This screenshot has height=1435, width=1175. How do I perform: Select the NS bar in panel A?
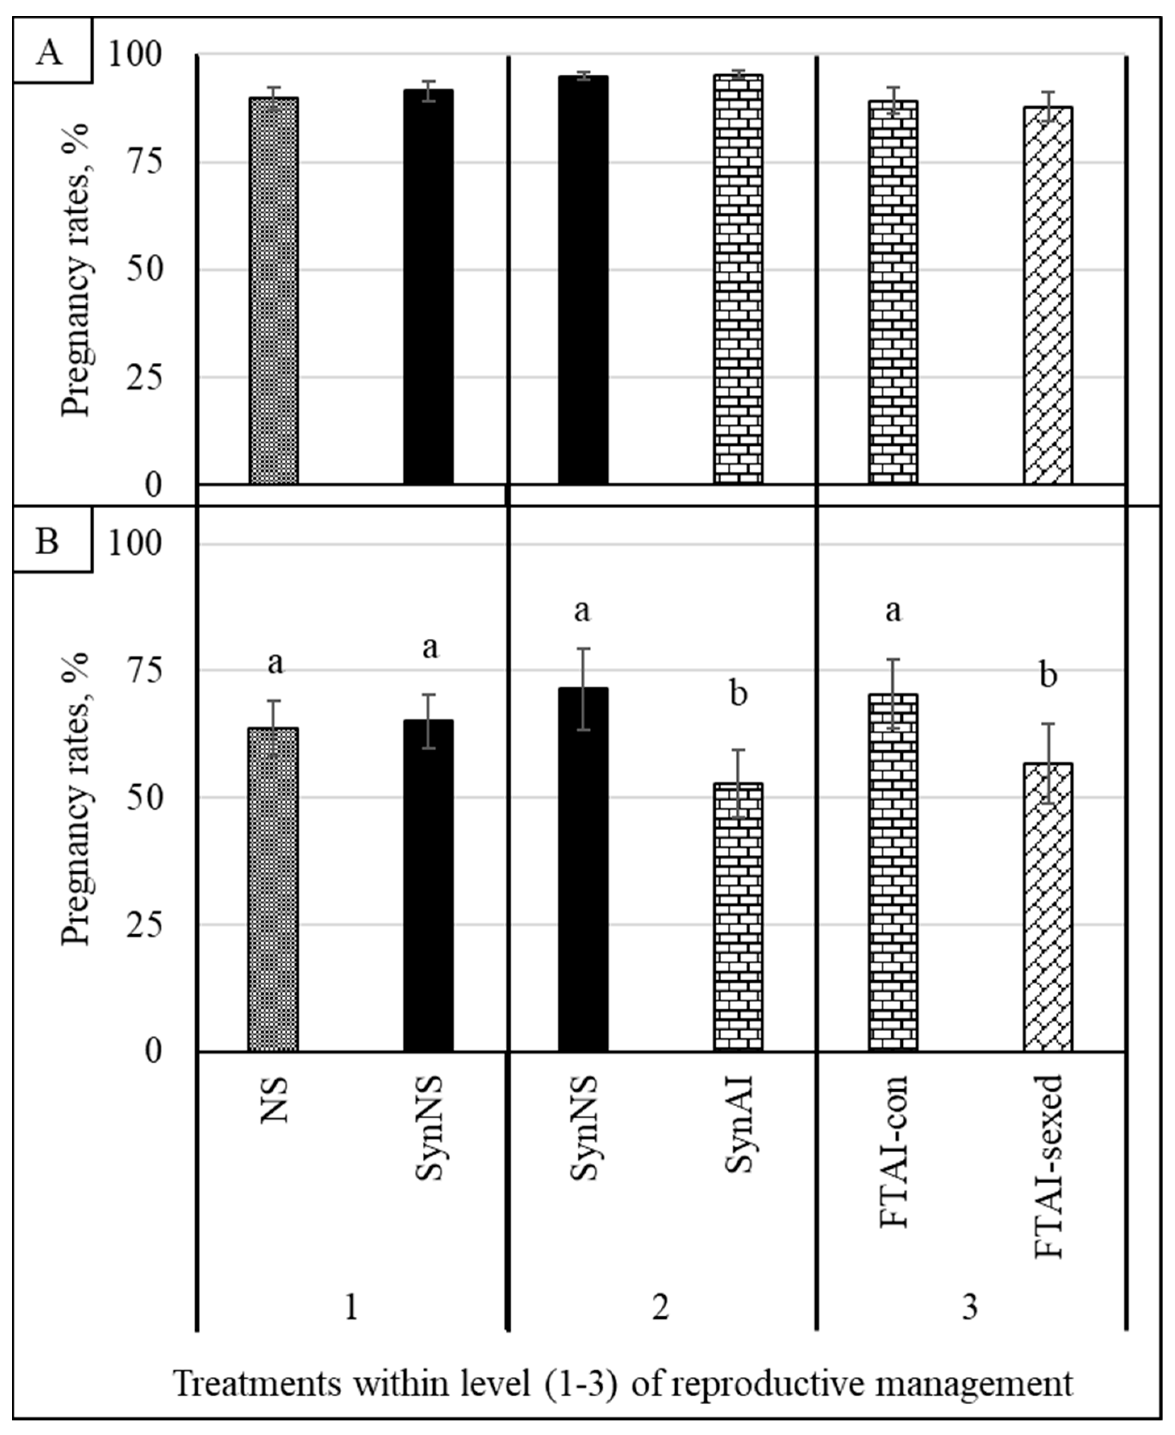point(273,290)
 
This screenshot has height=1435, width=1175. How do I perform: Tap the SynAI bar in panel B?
point(739,917)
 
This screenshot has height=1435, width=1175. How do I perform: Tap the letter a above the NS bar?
point(275,664)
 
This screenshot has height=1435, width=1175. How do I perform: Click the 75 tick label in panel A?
point(144,163)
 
